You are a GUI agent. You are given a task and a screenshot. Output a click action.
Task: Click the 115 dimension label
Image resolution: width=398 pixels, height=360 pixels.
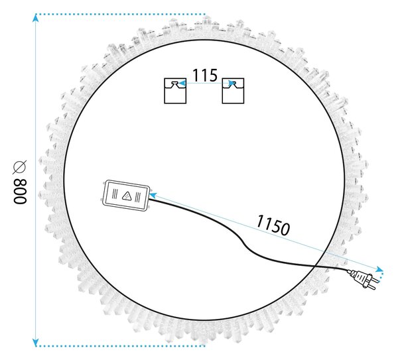click(205, 75)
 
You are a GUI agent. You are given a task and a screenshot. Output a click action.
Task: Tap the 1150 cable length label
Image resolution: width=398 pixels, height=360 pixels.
click(273, 225)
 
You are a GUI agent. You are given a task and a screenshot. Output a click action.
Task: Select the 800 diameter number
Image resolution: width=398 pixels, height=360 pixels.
click(20, 192)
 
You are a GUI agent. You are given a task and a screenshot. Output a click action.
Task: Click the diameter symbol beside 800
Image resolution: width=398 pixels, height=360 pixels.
click(20, 168)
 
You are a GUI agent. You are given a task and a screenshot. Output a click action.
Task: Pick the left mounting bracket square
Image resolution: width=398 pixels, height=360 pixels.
click(175, 91)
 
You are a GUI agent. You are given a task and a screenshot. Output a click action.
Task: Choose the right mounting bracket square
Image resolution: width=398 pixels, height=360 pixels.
click(233, 91)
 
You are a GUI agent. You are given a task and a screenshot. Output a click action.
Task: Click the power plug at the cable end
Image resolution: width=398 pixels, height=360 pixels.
click(362, 278)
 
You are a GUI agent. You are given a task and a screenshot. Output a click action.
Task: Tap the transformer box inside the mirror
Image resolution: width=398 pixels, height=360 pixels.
click(126, 196)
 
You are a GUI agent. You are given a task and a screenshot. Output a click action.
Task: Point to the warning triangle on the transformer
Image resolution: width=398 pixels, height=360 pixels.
click(127, 196)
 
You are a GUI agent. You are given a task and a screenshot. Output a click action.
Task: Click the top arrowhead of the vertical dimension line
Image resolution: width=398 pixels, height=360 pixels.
click(36, 18)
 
